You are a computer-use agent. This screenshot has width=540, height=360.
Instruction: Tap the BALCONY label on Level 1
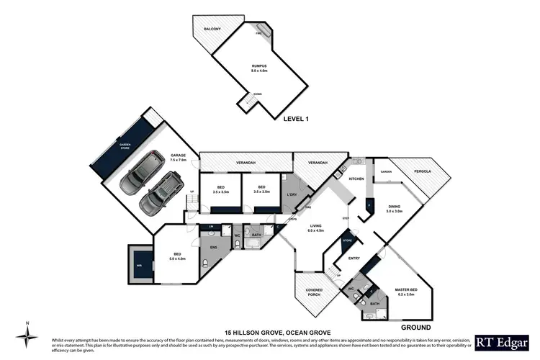click(x=211, y=30)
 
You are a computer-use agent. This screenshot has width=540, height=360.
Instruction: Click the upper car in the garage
click(x=137, y=173)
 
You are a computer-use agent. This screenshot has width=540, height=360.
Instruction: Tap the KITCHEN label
click(x=356, y=179)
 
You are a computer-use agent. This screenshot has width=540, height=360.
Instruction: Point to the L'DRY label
click(x=292, y=196)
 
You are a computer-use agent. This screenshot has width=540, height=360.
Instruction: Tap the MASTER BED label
click(x=406, y=292)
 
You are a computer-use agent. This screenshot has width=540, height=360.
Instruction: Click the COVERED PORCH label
click(x=313, y=291)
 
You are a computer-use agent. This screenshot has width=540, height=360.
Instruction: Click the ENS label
click(x=212, y=248)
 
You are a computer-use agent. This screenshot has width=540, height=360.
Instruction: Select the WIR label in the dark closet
click(x=139, y=264)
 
